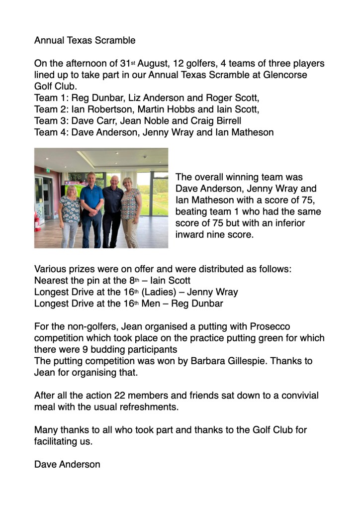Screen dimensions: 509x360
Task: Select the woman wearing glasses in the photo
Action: (x=70, y=214)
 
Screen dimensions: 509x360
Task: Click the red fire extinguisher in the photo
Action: (x=38, y=222)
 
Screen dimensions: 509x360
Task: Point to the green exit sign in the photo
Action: (x=48, y=170)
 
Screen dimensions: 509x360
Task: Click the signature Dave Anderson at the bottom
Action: (x=67, y=464)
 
